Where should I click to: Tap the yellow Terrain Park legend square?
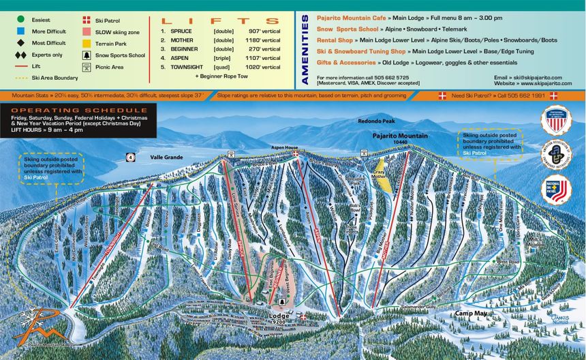[87, 43]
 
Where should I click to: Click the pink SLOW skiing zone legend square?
[87, 32]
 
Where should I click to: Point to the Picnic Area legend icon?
[87, 67]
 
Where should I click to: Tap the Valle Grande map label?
[166, 157]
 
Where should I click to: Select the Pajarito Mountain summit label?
[400, 136]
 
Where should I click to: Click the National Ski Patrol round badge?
[556, 189]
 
